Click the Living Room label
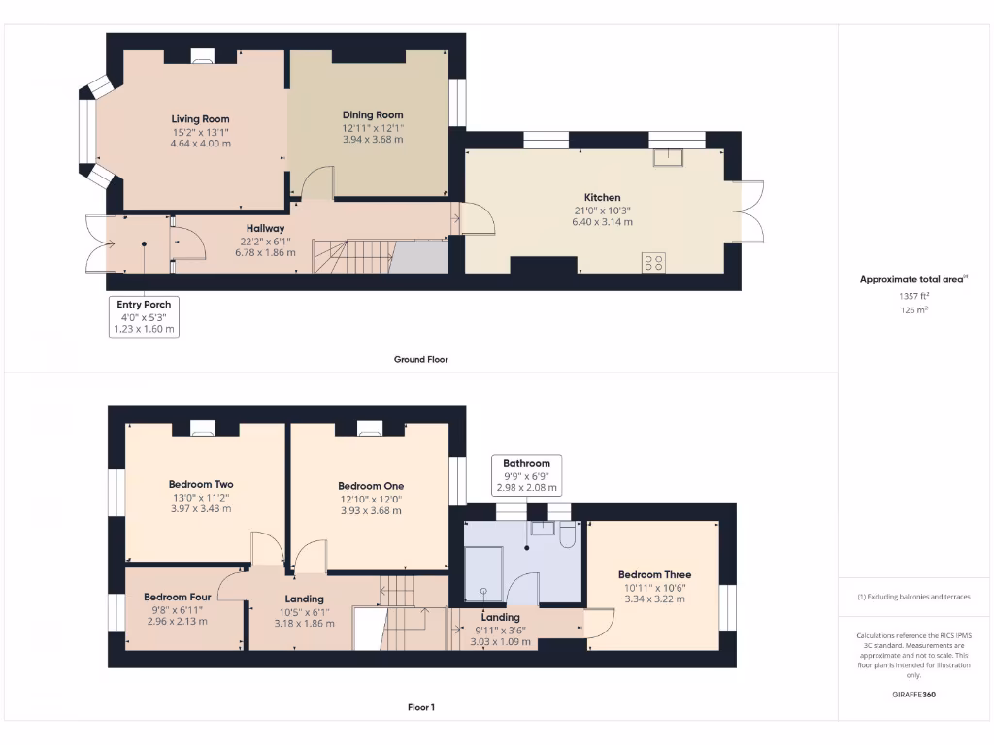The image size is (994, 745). click(x=201, y=119)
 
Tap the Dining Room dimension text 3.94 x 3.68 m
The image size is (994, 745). click(x=372, y=139)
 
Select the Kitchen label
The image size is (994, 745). click(x=602, y=197)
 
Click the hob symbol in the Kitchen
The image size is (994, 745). click(x=653, y=261)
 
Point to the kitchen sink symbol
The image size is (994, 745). click(x=667, y=157)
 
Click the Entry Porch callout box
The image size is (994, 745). click(x=144, y=317)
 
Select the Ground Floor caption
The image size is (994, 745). click(x=420, y=359)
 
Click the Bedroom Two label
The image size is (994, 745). click(x=201, y=484)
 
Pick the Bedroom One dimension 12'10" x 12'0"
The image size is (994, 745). click(x=370, y=499)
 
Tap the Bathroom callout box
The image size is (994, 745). click(x=526, y=475)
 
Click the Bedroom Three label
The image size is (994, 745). click(x=654, y=574)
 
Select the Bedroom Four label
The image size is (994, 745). click(x=177, y=597)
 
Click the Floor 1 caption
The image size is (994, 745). click(x=420, y=707)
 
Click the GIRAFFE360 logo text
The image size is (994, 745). click(x=913, y=695)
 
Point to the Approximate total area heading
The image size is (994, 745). click(x=912, y=279)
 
